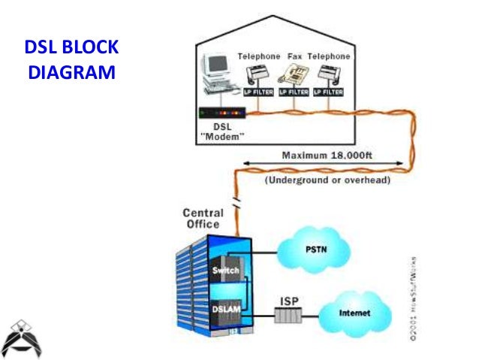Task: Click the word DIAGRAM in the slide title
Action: click(x=71, y=74)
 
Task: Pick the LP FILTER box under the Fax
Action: click(x=294, y=92)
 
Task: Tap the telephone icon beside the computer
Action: click(x=258, y=74)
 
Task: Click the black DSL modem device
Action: click(x=223, y=113)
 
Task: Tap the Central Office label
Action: click(x=202, y=218)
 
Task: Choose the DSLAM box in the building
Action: click(x=226, y=310)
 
